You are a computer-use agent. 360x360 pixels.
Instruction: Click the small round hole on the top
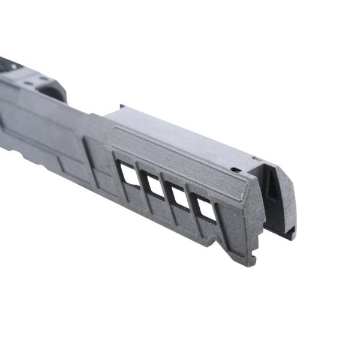(236, 170)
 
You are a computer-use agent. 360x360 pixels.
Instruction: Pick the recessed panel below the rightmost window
(204, 231)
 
